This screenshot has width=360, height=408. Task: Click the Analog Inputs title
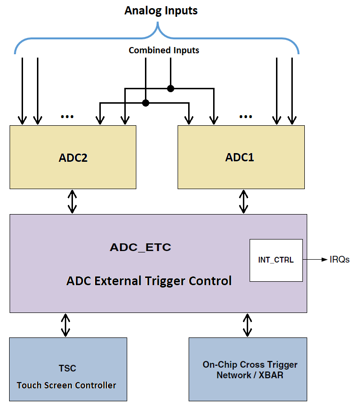click(x=161, y=11)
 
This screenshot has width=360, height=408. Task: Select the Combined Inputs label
click(x=164, y=50)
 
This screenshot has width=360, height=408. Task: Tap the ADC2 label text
click(x=73, y=157)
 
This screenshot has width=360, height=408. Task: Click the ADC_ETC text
click(x=140, y=248)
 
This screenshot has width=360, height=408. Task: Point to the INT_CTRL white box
click(x=276, y=260)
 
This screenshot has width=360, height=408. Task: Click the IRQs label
click(x=339, y=260)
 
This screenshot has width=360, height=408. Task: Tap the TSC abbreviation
click(x=67, y=368)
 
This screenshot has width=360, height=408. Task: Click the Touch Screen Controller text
click(x=66, y=385)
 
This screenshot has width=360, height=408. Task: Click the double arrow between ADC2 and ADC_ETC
click(x=72, y=202)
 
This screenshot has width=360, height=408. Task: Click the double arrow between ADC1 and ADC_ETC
click(x=244, y=202)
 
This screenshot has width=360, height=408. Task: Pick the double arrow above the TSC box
click(x=66, y=325)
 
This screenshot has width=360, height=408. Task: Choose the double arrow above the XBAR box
click(x=248, y=325)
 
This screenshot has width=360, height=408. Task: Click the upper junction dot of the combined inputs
click(x=170, y=88)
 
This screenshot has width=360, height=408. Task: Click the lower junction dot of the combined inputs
click(x=146, y=103)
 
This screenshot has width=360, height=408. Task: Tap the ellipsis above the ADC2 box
click(x=67, y=117)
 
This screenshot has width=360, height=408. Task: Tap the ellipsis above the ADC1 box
click(x=245, y=117)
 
